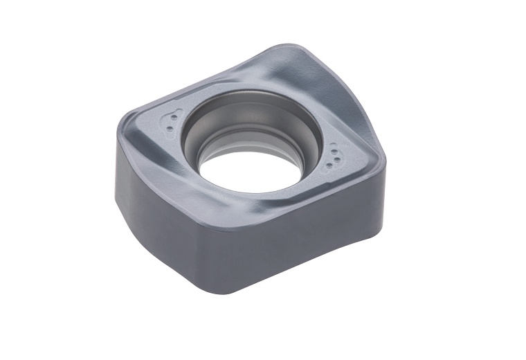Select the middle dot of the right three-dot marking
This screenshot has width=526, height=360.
pyautogui.click(x=335, y=154)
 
